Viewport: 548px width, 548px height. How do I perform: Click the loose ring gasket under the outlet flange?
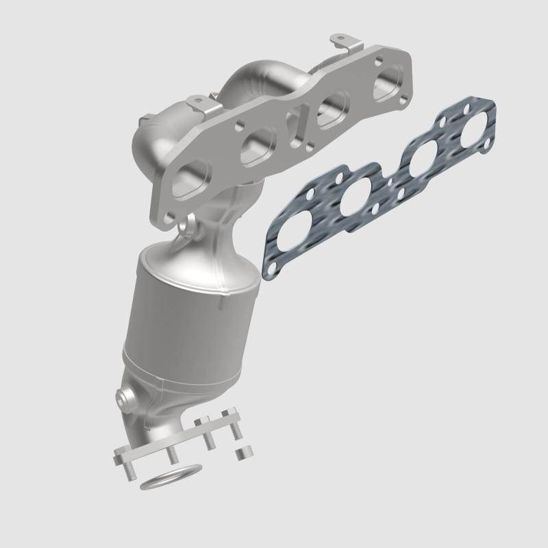pyautogui.click(x=171, y=477)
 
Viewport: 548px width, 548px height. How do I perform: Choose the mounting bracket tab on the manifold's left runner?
pyautogui.click(x=199, y=103)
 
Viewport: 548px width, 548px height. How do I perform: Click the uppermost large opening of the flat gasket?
pyautogui.click(x=472, y=130)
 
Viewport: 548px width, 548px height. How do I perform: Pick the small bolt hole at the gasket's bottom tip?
pyautogui.click(x=272, y=260)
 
